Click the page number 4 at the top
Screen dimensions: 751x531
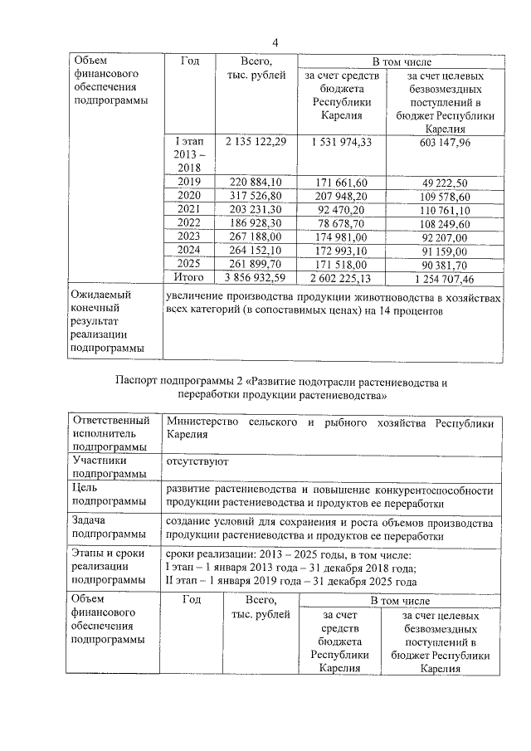[275, 43]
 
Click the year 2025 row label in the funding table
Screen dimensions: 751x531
[189, 264]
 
